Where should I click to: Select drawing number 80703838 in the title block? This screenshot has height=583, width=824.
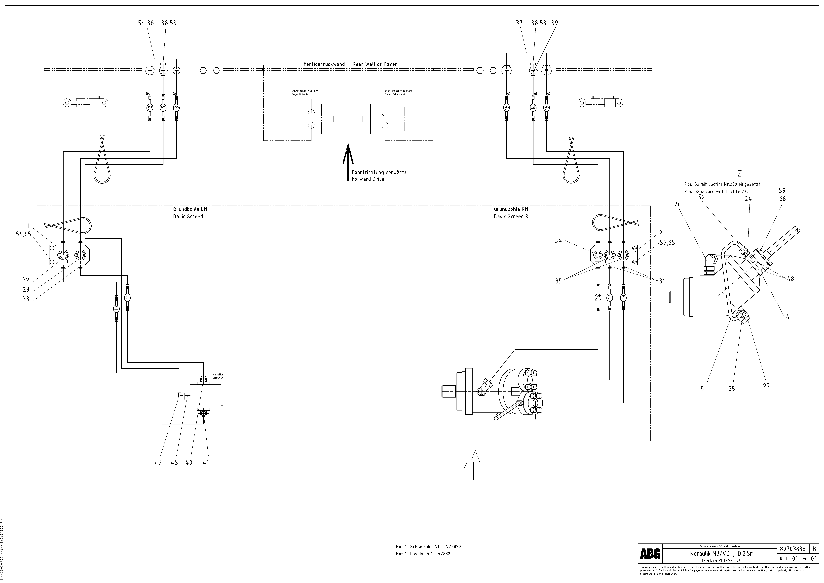[x=793, y=549]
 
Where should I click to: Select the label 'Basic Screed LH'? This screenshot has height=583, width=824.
[x=192, y=217]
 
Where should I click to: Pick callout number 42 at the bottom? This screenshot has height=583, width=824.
[x=158, y=463]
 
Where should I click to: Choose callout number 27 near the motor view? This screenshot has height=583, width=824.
[x=766, y=386]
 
